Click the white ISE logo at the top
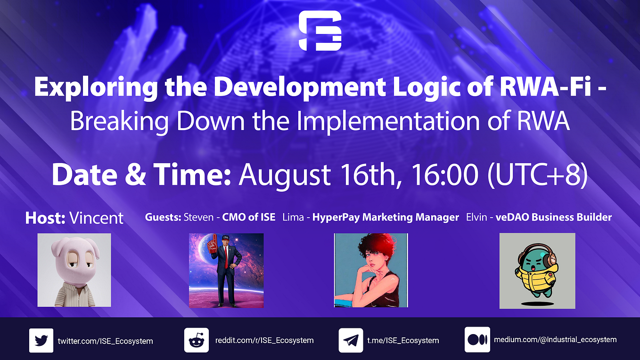320,31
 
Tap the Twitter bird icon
41,341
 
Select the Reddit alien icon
196,340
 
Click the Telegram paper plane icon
351,340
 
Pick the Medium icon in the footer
477,340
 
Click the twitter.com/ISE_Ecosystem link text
106,341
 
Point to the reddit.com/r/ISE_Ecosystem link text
264,340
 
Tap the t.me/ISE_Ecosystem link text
403,341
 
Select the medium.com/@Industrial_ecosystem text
555,340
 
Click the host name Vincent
96,218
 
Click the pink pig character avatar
74,270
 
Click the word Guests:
163,217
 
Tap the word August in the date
285,176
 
